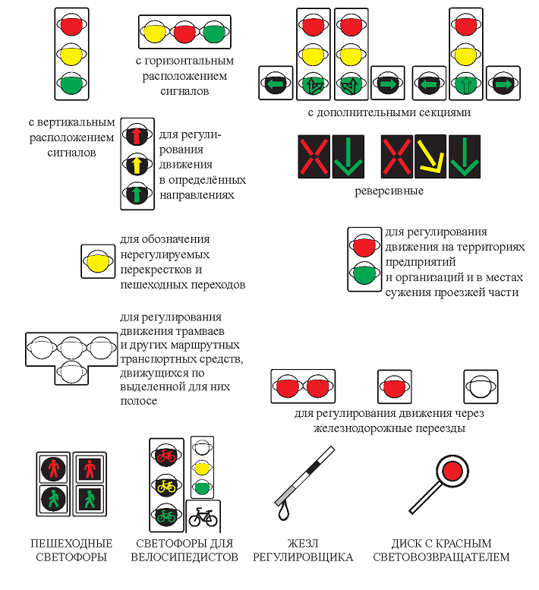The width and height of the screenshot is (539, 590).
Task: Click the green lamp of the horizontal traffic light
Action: pyautogui.click(x=214, y=33)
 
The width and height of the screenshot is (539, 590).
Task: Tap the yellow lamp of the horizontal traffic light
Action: pyautogui.click(x=155, y=33)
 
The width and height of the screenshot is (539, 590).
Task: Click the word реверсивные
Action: pyautogui.click(x=389, y=191)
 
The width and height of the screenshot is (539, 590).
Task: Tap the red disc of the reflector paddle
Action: pyautogui.click(x=454, y=472)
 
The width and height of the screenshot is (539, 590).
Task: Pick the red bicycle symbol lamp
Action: pyautogui.click(x=166, y=456)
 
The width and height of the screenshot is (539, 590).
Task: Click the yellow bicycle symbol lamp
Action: pyautogui.click(x=166, y=485)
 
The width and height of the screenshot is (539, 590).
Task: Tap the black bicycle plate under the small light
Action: pyautogui.click(x=203, y=518)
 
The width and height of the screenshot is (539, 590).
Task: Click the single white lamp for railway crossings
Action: pyautogui.click(x=481, y=387)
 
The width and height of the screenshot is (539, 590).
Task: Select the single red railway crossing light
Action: pyautogui.click(x=393, y=387)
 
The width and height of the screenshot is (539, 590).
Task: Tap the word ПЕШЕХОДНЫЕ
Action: pyautogui.click(x=71, y=544)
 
